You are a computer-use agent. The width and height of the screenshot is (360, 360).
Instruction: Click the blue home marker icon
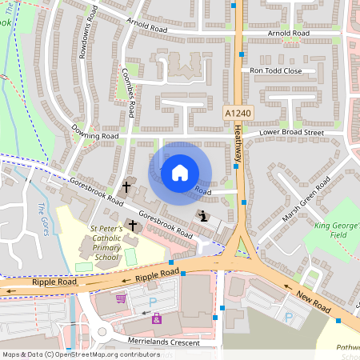coord(180,172)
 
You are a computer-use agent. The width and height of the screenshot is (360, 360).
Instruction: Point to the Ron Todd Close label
coord(276,70)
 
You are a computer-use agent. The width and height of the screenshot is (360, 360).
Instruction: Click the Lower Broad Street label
coord(290,132)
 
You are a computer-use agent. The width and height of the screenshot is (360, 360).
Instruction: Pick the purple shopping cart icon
coord(121,298)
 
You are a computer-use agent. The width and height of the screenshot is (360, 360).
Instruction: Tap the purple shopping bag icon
coord(157,318)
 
